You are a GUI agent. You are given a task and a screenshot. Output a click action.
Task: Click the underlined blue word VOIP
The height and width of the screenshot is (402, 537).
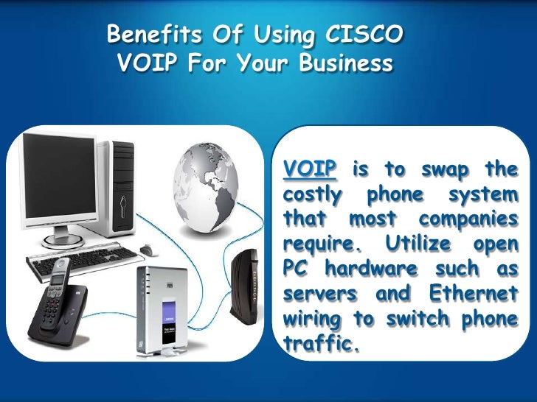tap(310, 169)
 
